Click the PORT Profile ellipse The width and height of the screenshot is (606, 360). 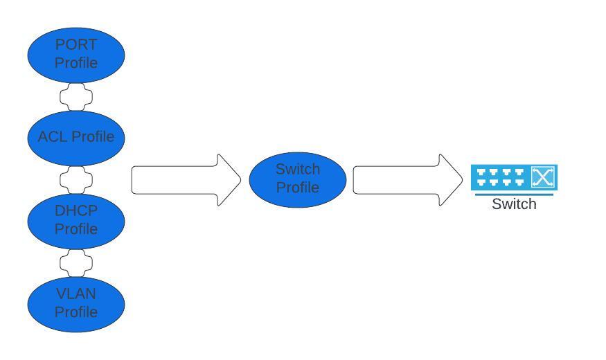click(x=76, y=54)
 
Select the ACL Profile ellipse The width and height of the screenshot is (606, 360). click(x=76, y=137)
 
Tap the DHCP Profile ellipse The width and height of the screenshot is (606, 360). click(x=76, y=220)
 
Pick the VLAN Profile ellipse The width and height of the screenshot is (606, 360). click(x=76, y=303)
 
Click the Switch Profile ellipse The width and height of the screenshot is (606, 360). click(x=298, y=179)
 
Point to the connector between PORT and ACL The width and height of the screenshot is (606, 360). click(x=76, y=96)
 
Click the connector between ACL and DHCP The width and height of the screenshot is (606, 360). click(x=76, y=179)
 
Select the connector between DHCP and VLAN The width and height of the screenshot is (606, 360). click(x=76, y=262)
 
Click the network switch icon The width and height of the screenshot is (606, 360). click(x=514, y=178)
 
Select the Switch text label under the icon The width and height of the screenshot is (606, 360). click(x=514, y=204)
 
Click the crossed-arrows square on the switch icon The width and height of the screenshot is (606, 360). click(x=543, y=177)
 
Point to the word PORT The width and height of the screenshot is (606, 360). click(x=76, y=45)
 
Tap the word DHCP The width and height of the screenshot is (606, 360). click(x=76, y=211)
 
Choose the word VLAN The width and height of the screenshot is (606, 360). click(x=76, y=294)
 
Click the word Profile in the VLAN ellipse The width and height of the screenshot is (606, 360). click(x=76, y=312)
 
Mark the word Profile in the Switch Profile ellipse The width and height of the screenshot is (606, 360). click(x=298, y=188)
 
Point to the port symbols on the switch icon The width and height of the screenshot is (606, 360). click(x=501, y=178)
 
